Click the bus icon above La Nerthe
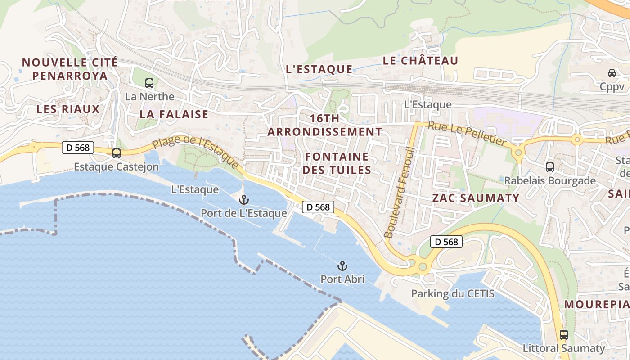149,83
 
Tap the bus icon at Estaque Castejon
117,153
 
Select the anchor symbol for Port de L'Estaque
244,200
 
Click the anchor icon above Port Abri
342,266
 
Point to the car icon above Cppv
612,73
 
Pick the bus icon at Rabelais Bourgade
550,167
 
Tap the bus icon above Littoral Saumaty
563,335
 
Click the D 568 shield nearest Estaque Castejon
77,147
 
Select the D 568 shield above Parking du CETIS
446,242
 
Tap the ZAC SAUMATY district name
476,198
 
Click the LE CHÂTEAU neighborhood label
420,61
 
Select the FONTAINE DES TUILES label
337,163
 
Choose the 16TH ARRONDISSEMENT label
324,125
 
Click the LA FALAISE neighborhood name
174,114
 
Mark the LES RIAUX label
68,109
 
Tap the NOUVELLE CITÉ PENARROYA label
70,69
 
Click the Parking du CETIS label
452,294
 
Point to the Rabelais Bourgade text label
549,181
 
